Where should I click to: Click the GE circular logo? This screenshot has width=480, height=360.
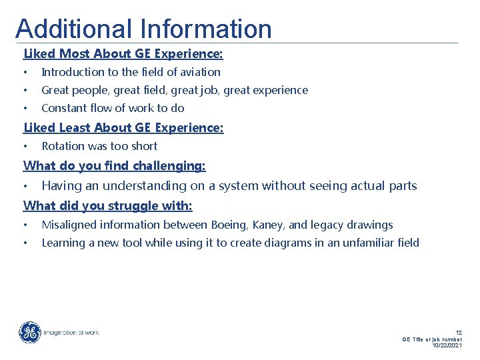pyautogui.click(x=29, y=333)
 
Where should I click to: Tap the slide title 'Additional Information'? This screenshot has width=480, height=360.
pyautogui.click(x=143, y=29)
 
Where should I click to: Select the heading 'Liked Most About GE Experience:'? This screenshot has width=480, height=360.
pyautogui.click(x=123, y=53)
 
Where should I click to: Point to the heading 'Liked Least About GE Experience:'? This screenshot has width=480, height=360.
pyautogui.click(x=123, y=127)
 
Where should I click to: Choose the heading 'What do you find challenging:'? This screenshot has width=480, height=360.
pyautogui.click(x=115, y=165)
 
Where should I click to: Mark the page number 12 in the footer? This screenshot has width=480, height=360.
pyautogui.click(x=458, y=332)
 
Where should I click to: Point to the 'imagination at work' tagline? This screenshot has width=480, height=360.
pyautogui.click(x=71, y=333)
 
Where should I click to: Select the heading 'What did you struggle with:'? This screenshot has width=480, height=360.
pyautogui.click(x=108, y=205)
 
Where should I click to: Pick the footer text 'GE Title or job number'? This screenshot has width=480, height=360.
pyautogui.click(x=432, y=339)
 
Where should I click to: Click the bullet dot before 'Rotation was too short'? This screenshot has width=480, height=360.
pyautogui.click(x=25, y=146)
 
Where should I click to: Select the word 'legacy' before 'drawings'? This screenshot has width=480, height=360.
pyautogui.click(x=329, y=225)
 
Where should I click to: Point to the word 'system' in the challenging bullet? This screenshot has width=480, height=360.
pyautogui.click(x=241, y=186)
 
